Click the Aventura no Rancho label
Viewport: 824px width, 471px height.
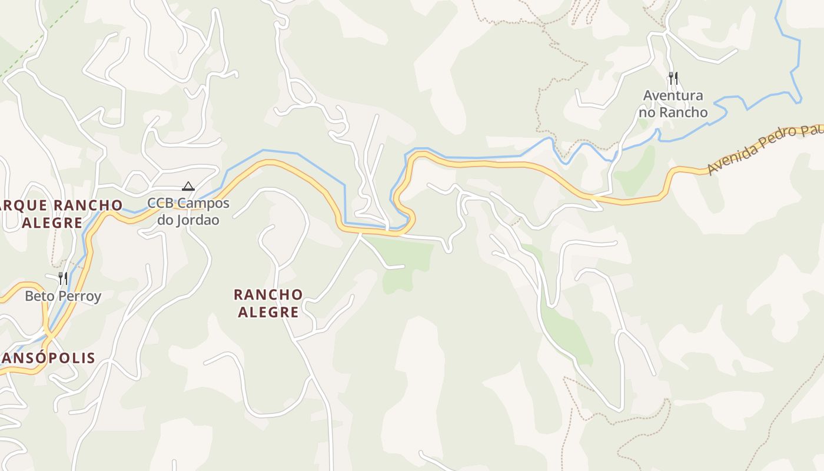coord(674,104)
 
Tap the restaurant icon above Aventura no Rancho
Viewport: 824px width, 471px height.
coord(673,78)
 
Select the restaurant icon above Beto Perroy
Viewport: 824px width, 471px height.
coord(62,278)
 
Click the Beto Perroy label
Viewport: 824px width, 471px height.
coord(63,296)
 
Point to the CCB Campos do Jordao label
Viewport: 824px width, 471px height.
coord(188,211)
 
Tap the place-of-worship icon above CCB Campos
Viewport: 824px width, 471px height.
coord(188,187)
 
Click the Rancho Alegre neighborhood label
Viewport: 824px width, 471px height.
coord(268,303)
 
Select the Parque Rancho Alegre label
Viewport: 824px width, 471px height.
coord(61,214)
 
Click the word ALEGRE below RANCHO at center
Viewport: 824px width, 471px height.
coord(268,312)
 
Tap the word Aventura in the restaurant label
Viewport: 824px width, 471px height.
coord(673,95)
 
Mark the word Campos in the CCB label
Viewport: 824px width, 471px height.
coord(203,203)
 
